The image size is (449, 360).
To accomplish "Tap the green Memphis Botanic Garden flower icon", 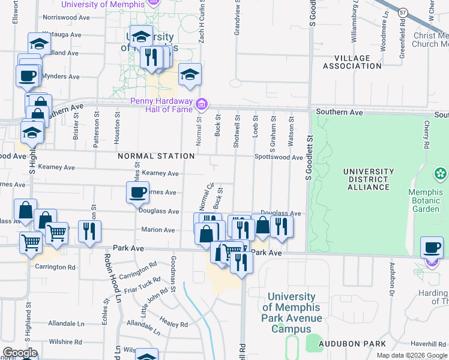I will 441,174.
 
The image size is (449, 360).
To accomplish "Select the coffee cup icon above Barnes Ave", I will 137,193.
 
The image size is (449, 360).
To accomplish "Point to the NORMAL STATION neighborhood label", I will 156,156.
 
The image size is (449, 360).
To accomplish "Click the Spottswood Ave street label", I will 279,157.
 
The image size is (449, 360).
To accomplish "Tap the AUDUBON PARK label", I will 363,344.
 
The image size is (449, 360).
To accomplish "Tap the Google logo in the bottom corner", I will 20,352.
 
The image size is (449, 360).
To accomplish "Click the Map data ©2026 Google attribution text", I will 412,355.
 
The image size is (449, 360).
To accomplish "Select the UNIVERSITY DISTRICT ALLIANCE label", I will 368,179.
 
